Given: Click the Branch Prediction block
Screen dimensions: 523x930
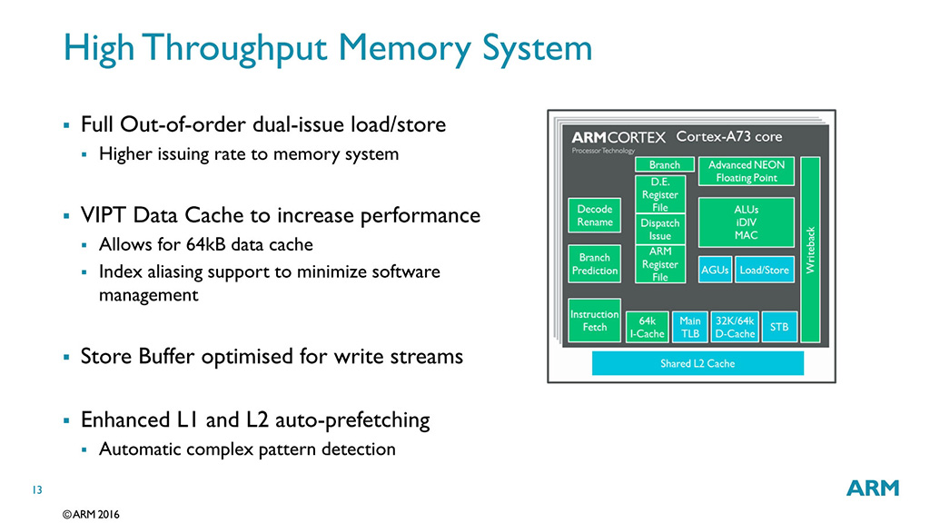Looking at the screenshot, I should coord(595,263).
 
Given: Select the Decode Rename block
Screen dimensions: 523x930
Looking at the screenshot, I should coord(595,215).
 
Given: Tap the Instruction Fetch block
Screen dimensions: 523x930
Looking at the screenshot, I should coord(595,321).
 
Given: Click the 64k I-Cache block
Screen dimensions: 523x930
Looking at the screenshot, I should coord(648,327).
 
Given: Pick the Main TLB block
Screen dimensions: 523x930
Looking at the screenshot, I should coord(690,327).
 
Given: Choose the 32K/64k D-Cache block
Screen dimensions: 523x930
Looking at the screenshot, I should coord(735,327).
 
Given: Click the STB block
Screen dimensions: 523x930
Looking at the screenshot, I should coord(779,327).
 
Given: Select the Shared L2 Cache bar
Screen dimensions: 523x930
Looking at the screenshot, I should coord(697,363).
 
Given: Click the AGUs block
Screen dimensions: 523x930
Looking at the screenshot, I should coord(715,270).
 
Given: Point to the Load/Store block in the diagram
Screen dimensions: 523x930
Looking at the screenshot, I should coord(764,270).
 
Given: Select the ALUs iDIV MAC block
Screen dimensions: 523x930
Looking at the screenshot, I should coord(746,222).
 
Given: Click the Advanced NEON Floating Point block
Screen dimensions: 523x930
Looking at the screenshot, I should coord(746,171).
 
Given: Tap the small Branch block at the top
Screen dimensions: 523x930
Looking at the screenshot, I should coord(664,165).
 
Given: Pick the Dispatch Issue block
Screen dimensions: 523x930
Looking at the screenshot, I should coord(660,230).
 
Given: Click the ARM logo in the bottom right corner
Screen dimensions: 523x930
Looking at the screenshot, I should coord(872,488).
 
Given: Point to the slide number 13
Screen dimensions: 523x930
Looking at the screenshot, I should coord(37,490).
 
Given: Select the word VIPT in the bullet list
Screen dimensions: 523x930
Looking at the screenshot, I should coord(104,216).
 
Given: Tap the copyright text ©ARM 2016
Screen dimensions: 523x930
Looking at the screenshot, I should coord(91,514).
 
